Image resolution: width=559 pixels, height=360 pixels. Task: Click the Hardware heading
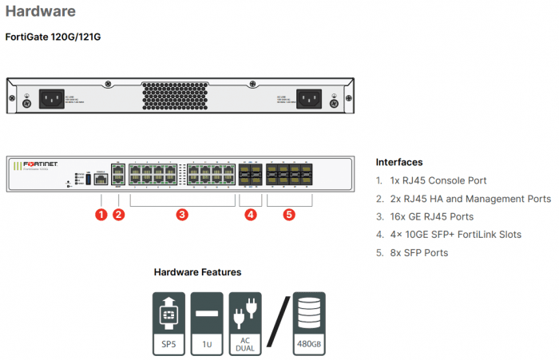coord(41,12)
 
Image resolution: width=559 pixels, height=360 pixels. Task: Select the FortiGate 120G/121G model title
coord(54,37)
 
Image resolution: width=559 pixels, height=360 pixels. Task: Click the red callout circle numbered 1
coord(101,214)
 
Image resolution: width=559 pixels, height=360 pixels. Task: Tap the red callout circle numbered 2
coord(119,214)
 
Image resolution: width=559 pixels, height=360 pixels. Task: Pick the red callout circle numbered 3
coord(182,214)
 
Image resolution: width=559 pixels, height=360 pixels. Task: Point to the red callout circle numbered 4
coord(251,214)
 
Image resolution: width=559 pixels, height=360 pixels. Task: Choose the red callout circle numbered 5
coord(289,214)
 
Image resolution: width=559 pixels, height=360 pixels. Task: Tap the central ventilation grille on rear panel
coord(181,97)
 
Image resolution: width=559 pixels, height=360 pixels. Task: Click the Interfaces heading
coord(399,162)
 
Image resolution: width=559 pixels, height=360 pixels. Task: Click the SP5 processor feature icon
coord(168,322)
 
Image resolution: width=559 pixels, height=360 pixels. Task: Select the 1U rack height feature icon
coord(207,322)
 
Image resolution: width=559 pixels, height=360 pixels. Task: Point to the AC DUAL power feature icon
coord(245,322)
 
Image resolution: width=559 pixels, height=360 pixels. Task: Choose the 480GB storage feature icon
coord(309,322)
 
